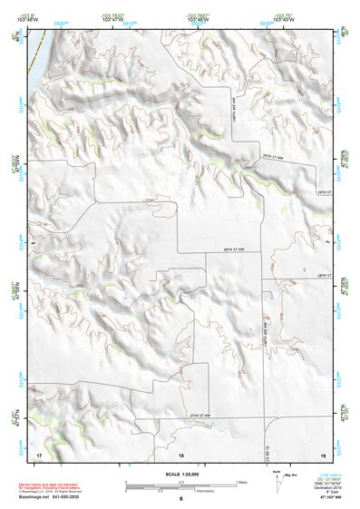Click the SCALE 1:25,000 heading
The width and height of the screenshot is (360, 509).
pyautogui.click(x=180, y=475)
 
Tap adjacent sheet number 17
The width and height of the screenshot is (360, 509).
pyautogui.click(x=38, y=454)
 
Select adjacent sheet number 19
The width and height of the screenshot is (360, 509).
pyautogui.click(x=322, y=454)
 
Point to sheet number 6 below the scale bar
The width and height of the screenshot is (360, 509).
pyautogui.click(x=180, y=498)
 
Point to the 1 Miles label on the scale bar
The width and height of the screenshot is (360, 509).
pyautogui.click(x=240, y=482)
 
